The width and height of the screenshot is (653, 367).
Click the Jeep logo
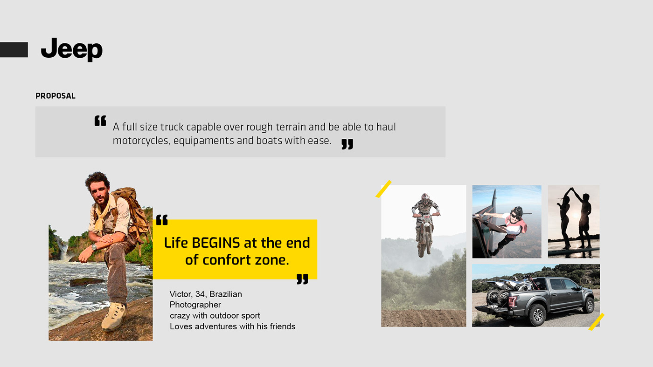point(72,49)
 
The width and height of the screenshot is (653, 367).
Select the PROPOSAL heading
point(56,96)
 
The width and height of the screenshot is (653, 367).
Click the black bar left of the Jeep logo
point(14,50)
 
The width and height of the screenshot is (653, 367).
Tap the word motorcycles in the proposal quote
point(141,141)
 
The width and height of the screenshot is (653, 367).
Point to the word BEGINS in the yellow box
point(215,243)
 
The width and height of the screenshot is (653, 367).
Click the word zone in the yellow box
point(271,260)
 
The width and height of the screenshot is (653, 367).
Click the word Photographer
point(195,305)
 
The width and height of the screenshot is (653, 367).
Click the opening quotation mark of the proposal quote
point(100,121)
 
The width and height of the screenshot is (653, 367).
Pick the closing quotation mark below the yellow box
point(302,279)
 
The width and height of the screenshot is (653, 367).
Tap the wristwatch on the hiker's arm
point(94,247)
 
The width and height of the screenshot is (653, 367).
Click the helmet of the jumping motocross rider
point(425,198)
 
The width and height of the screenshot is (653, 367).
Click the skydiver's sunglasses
point(516,216)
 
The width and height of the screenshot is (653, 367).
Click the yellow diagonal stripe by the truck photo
point(596,322)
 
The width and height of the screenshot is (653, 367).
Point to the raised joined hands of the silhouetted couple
point(572,189)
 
